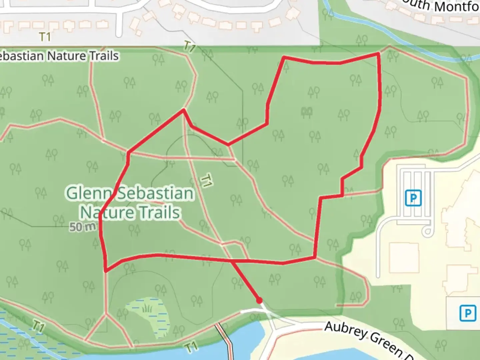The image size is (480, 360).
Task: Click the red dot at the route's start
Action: [259, 301]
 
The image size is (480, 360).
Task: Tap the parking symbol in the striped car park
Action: [413, 198]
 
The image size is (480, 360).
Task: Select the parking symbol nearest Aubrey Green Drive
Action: [467, 313]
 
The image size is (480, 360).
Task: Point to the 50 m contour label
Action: [82, 227]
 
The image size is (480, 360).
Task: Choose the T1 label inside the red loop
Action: [206, 180]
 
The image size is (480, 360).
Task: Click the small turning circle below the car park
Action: [427, 231]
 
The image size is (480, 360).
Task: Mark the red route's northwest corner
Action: [284, 57]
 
